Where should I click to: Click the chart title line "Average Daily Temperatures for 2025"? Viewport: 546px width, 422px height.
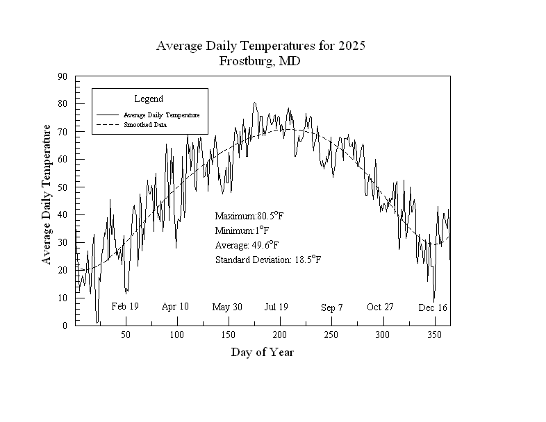tap(260, 47)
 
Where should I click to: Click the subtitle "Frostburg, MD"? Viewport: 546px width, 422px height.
tap(260, 61)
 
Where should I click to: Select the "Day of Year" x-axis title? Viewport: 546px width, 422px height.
tap(262, 353)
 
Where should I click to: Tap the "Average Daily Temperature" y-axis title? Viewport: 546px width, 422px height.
tap(47, 194)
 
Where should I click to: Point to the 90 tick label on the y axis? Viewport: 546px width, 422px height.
tap(63, 76)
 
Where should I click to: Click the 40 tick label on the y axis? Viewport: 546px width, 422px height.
tap(63, 214)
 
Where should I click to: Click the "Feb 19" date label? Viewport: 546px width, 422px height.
tap(125, 306)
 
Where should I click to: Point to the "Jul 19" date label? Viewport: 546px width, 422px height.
tap(276, 307)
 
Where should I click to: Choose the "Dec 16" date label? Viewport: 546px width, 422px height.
tap(433, 307)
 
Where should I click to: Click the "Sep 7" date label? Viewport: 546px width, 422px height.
tap(332, 307)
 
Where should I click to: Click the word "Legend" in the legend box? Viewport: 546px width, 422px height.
tap(149, 99)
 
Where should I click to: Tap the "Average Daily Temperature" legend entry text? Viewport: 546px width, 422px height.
tap(161, 115)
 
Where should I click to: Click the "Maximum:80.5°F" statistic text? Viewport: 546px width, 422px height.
tap(249, 216)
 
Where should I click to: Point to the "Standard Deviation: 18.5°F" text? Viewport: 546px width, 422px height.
tap(268, 260)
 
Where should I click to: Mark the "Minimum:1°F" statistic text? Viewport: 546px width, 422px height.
tap(242, 230)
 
